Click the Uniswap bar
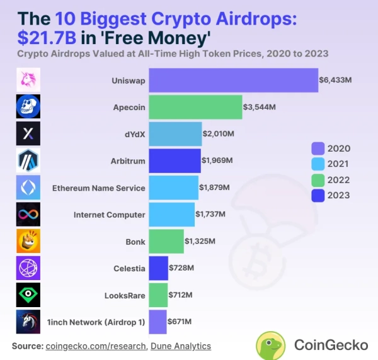tap(233, 81)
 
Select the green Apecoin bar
tap(195, 107)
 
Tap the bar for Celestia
tap(158, 268)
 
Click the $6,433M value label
tap(336, 81)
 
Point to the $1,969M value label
tap(217, 160)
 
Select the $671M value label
tap(180, 322)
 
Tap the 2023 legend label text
tap(338, 196)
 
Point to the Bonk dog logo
tap(28, 241)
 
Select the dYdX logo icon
tap(28, 134)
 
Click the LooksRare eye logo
tap(28, 295)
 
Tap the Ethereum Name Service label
tap(98, 188)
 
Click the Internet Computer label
tap(109, 215)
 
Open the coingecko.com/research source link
tap(96, 346)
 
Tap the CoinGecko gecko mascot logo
tap(272, 345)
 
